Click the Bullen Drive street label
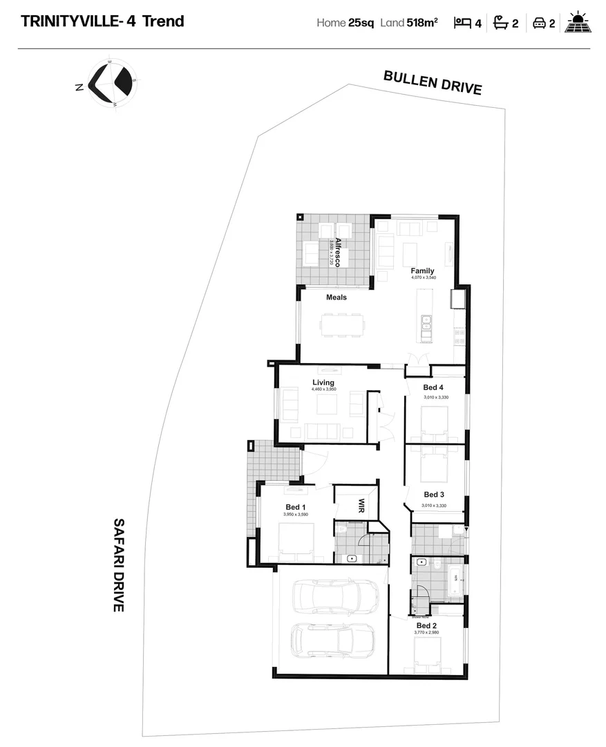click(433, 82)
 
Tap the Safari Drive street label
click(118, 565)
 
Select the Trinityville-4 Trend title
click(103, 21)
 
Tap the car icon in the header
click(539, 23)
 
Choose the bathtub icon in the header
click(500, 23)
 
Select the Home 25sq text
click(345, 22)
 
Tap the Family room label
click(423, 270)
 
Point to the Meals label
click(337, 297)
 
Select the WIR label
click(361, 506)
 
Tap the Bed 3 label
click(434, 495)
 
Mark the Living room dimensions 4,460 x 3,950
click(323, 389)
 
